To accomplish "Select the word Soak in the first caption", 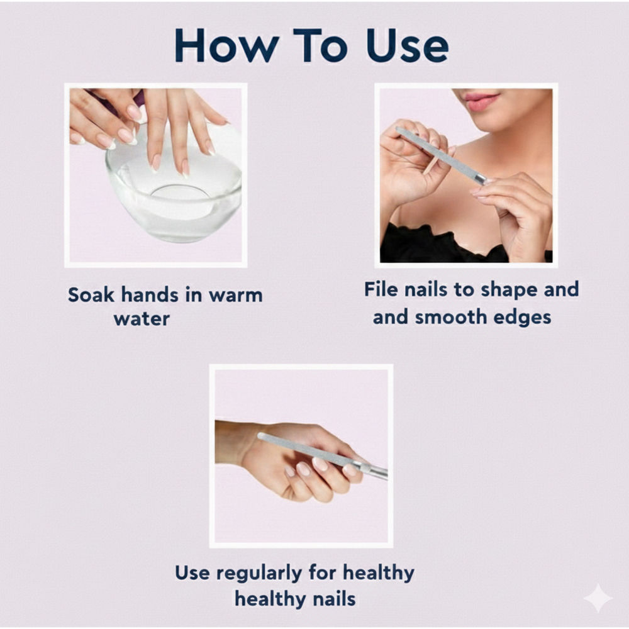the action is [x=91, y=295].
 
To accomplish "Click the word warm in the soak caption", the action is [x=236, y=296].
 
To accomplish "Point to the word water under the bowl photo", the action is [x=142, y=319].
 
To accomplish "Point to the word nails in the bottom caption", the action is [x=334, y=599].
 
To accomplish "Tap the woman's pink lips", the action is [x=481, y=101].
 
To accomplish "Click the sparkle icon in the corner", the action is [x=598, y=598].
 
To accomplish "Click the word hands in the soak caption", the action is [x=150, y=295].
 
